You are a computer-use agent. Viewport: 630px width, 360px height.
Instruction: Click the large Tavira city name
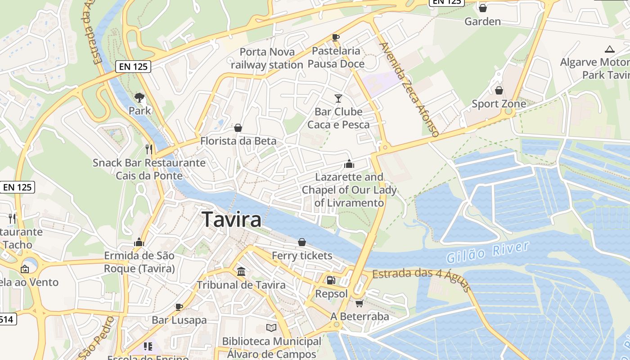point(232,220)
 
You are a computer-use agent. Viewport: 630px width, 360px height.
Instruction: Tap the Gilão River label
point(488,252)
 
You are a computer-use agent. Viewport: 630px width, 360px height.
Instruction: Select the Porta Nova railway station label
point(267,58)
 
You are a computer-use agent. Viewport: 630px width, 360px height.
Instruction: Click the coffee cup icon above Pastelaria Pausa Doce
point(335,37)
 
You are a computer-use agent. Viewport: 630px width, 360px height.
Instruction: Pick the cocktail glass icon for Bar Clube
point(338,98)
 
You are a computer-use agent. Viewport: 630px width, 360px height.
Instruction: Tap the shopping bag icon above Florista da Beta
point(238,128)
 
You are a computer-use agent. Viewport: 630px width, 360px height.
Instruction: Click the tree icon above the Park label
point(139,97)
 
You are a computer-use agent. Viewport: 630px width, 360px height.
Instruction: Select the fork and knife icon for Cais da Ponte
point(149,149)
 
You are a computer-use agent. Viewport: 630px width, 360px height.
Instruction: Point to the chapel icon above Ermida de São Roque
point(139,243)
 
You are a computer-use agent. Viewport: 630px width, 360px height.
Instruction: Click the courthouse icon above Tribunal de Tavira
point(241,272)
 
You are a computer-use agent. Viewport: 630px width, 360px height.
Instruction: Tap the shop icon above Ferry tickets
point(302,243)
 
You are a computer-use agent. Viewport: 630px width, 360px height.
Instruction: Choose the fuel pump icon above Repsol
point(331,280)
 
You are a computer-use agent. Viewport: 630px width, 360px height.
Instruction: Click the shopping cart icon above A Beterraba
point(359,303)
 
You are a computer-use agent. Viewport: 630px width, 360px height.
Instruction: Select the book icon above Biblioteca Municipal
point(271,328)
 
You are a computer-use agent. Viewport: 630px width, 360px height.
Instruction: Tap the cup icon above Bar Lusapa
point(179,307)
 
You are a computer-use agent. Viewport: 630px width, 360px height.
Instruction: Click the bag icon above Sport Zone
point(499,90)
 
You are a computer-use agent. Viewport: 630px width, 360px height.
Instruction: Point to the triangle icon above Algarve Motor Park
point(610,49)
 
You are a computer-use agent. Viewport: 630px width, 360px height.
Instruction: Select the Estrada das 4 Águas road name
point(421,275)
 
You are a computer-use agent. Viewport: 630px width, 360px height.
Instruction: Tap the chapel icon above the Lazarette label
point(349,164)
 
